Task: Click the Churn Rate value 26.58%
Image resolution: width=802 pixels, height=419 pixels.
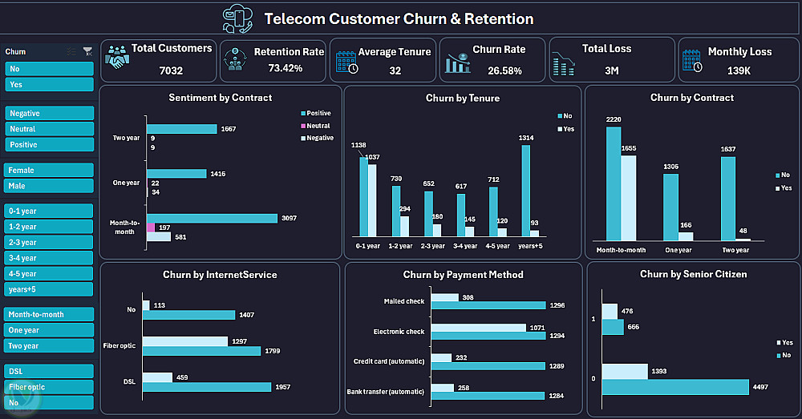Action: click(504, 71)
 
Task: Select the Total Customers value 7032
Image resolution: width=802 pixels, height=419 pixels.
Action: click(171, 71)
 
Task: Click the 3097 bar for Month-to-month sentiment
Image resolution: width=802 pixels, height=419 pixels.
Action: click(212, 218)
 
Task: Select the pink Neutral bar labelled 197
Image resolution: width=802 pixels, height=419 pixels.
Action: click(151, 228)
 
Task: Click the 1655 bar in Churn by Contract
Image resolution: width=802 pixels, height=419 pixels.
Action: click(629, 198)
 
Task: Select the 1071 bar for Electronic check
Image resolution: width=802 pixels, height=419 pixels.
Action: click(478, 328)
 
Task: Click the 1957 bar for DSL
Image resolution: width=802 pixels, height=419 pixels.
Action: click(207, 387)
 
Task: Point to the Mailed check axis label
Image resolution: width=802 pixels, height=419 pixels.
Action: click(404, 302)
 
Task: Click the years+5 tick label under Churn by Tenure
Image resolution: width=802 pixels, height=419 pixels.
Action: click(530, 246)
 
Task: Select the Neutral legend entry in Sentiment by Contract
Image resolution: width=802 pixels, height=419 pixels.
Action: click(318, 126)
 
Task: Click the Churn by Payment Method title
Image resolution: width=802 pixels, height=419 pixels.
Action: click(463, 275)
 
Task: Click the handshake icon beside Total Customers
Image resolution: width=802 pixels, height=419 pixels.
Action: click(117, 57)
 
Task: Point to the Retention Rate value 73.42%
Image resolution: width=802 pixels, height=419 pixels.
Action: click(285, 68)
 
